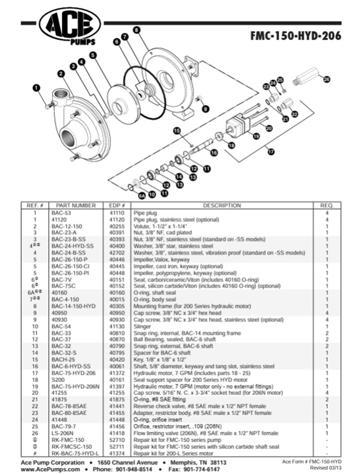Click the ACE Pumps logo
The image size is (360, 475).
tap(69, 26)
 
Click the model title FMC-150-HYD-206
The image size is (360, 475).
tap(296, 36)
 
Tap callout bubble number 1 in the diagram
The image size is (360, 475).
tap(37, 88)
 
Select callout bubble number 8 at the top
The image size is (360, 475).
tap(136, 30)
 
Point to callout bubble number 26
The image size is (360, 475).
tap(326, 80)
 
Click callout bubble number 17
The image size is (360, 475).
tap(271, 151)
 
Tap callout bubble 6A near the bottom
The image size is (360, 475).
tap(142, 196)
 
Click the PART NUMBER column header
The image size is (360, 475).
tap(76, 205)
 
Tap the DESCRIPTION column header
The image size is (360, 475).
tap(222, 205)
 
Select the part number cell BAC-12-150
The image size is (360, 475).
tap(67, 226)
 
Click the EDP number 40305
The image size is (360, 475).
tap(117, 306)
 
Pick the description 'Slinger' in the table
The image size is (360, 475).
tap(142, 326)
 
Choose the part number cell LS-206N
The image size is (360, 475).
tap(62, 433)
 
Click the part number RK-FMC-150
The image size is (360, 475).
tap(68, 440)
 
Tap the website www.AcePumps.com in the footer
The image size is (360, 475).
tap(50, 469)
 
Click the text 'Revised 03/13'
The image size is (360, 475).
tap(325, 468)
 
